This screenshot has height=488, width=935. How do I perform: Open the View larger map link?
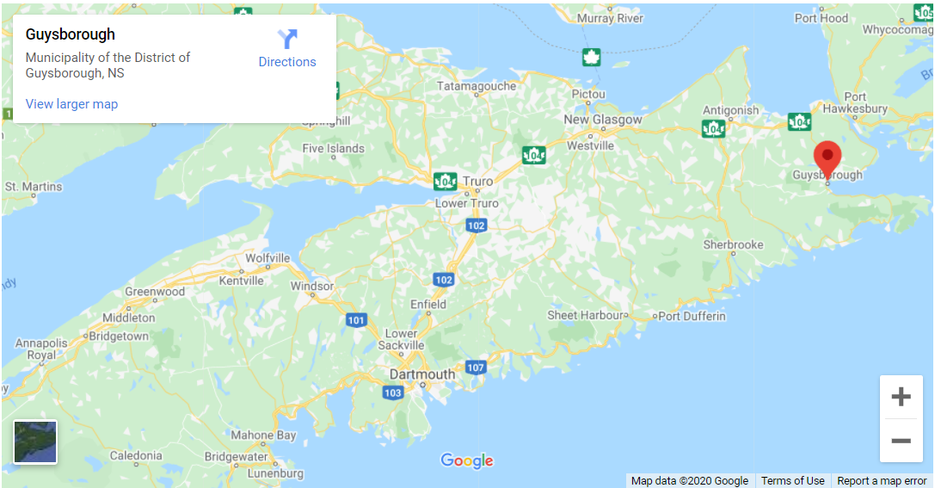click(71, 104)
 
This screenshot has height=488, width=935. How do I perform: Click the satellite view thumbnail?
click(35, 442)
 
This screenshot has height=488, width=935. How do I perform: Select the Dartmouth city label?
click(421, 374)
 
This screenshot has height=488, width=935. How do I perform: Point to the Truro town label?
click(478, 182)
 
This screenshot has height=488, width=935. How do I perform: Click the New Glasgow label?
click(602, 120)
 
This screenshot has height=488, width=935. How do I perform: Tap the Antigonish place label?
click(730, 110)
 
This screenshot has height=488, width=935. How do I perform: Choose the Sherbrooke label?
click(733, 244)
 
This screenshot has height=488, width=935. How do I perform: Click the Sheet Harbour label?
click(586, 316)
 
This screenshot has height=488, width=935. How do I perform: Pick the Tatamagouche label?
click(477, 86)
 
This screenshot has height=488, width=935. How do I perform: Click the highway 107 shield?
click(476, 368)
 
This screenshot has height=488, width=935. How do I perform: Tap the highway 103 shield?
click(392, 392)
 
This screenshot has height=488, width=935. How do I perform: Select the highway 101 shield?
click(356, 320)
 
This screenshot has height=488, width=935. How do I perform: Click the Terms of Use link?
click(792, 481)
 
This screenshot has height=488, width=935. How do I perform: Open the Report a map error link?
click(882, 481)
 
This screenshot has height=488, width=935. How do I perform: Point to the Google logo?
click(467, 461)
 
